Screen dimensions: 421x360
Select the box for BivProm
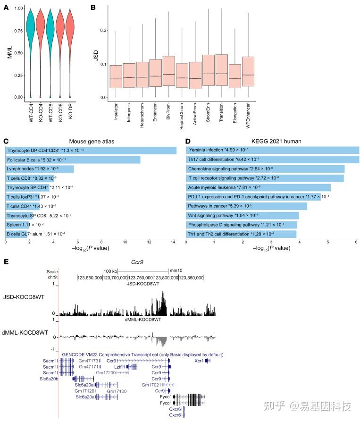168,71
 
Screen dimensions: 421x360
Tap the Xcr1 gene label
199,360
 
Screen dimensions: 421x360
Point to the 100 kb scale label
110,271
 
